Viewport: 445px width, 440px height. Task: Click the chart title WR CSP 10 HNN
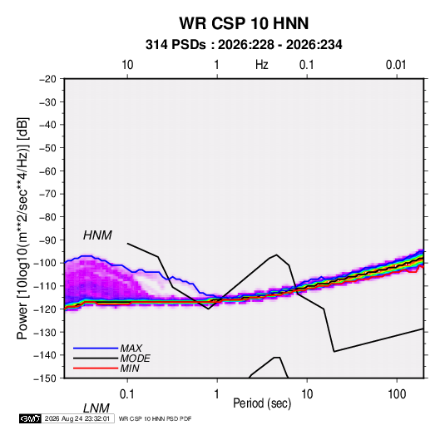244,23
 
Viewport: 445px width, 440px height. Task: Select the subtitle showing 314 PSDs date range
244,45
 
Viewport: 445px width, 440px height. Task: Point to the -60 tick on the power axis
47,171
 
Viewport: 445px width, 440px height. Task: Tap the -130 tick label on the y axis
45,332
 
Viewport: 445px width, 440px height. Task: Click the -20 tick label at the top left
47,79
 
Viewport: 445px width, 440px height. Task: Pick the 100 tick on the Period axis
397,394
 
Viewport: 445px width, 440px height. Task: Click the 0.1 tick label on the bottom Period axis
127,394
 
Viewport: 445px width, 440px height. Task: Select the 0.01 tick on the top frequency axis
396,65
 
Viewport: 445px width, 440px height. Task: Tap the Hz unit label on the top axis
262,65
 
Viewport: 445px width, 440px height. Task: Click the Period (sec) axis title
262,403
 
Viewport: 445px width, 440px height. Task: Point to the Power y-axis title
22,229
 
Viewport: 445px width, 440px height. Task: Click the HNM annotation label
97,235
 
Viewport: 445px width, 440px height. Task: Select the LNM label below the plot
96,408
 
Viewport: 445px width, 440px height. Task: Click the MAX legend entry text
131,348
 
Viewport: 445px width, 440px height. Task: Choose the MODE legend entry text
135,358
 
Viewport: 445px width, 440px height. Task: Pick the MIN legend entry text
130,368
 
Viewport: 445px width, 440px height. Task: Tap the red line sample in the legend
96,368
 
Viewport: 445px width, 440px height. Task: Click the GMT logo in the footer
30,418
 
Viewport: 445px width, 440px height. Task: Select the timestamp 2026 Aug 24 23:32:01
77,418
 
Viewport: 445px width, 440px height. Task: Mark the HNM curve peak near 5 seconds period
276,255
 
